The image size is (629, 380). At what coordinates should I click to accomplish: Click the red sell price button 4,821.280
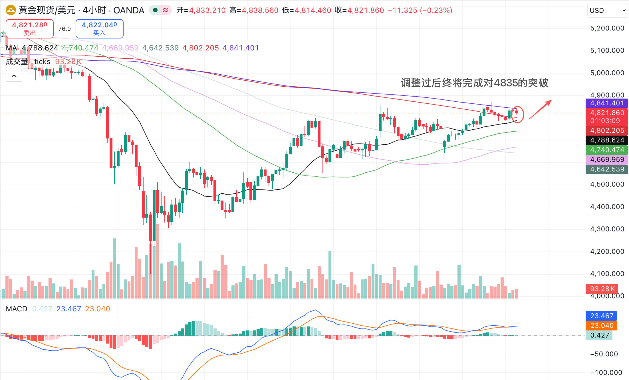point(29,28)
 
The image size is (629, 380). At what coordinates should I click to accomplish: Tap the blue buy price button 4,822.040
point(99,28)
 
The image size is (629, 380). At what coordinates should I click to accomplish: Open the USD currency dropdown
point(607,11)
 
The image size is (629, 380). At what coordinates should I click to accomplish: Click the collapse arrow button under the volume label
point(14,76)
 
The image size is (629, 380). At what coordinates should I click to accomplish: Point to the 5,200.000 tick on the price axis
point(607,28)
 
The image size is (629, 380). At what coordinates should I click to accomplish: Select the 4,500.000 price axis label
point(607,184)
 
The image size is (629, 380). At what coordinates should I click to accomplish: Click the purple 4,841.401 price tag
point(607,103)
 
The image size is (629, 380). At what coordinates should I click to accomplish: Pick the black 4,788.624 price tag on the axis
point(607,140)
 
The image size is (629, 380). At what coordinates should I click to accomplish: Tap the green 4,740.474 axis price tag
point(607,150)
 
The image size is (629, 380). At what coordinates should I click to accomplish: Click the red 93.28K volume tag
point(602,289)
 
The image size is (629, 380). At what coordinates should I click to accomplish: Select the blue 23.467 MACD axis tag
point(602,316)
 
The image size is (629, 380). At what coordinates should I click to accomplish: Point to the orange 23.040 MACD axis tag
point(602,326)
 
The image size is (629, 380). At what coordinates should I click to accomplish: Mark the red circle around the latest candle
point(517,114)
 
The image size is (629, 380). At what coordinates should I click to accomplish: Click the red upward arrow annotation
point(540,109)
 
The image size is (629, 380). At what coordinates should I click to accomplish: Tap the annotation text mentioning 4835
point(474,83)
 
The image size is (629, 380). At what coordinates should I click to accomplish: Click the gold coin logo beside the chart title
point(11,11)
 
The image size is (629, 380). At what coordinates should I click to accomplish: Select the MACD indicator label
point(17,309)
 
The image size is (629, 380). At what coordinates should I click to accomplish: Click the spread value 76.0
point(64,29)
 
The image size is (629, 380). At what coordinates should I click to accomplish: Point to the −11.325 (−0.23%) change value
point(420,11)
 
